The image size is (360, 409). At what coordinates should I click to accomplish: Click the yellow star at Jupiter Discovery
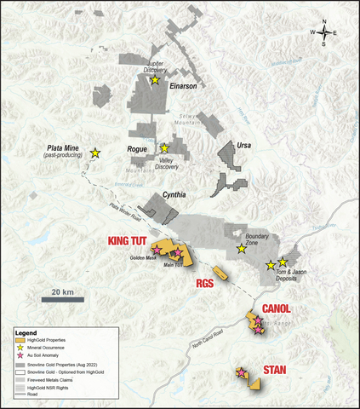tap(155, 80)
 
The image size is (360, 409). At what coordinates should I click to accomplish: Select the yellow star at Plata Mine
tap(95, 153)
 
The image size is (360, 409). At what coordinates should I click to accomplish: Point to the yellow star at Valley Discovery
tap(165, 147)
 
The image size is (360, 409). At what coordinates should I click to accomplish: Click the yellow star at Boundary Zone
tap(241, 250)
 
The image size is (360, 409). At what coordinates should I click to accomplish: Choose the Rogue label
tap(138, 150)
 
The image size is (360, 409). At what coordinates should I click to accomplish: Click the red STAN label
tap(275, 369)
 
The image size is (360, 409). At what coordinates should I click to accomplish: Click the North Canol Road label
tap(209, 337)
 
